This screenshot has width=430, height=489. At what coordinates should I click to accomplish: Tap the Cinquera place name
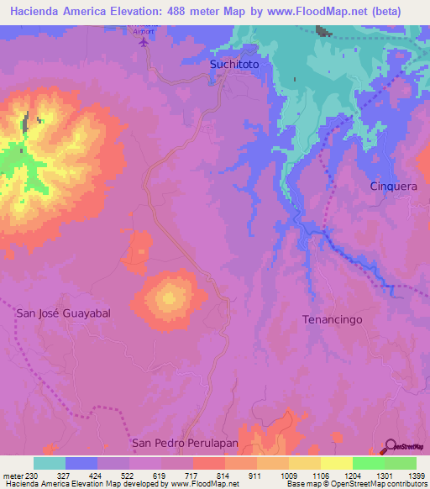tap(393, 187)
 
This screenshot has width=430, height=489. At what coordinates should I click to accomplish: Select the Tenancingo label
tap(332, 319)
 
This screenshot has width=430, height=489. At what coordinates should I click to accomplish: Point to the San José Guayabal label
tap(64, 313)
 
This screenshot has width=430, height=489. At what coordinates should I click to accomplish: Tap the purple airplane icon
tap(144, 41)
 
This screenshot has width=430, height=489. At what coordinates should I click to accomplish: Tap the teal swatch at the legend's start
tap(49, 463)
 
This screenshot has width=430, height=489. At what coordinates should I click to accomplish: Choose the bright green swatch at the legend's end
tap(400, 463)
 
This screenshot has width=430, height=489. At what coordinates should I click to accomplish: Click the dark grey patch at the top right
tap(323, 32)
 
